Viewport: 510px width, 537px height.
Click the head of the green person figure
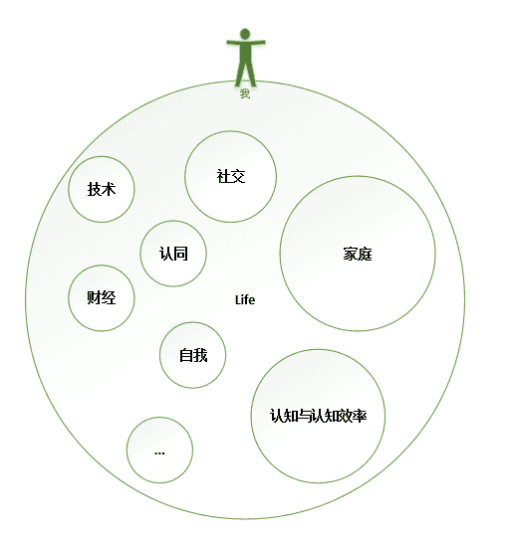245,34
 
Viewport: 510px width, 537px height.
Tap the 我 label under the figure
245,93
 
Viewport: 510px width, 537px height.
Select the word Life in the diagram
245,300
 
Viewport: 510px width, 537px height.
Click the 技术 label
102,189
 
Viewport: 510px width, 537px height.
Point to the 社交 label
231,176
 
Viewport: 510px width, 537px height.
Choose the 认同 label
173,254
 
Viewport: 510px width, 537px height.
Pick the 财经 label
102,297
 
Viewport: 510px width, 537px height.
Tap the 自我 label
193,355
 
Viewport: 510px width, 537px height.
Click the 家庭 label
358,255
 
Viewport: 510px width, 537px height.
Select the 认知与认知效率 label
319,416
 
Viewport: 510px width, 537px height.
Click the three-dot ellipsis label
159,453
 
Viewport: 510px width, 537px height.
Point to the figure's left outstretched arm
233,42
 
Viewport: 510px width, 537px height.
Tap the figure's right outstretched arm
258,42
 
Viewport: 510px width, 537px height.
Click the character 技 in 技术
94,189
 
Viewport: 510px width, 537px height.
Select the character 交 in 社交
238,176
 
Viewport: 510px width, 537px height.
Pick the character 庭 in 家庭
366,255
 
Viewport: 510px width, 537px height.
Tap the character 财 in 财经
94,297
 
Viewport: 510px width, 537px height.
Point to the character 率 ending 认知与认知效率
361,416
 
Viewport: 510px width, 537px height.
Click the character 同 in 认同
180,254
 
